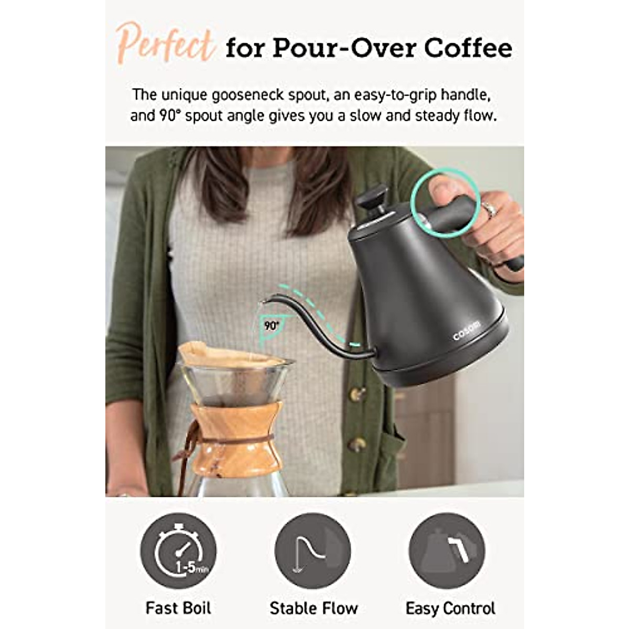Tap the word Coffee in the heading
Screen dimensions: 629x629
(x=468, y=48)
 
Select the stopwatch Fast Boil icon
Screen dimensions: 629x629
(x=178, y=551)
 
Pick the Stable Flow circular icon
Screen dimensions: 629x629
(x=313, y=551)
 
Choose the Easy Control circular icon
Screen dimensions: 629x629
(x=447, y=551)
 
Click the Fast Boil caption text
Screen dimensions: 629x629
(x=178, y=608)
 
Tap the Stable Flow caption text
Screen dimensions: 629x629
(x=313, y=608)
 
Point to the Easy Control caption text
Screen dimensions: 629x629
(x=450, y=608)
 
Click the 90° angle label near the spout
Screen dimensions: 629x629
(x=270, y=326)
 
